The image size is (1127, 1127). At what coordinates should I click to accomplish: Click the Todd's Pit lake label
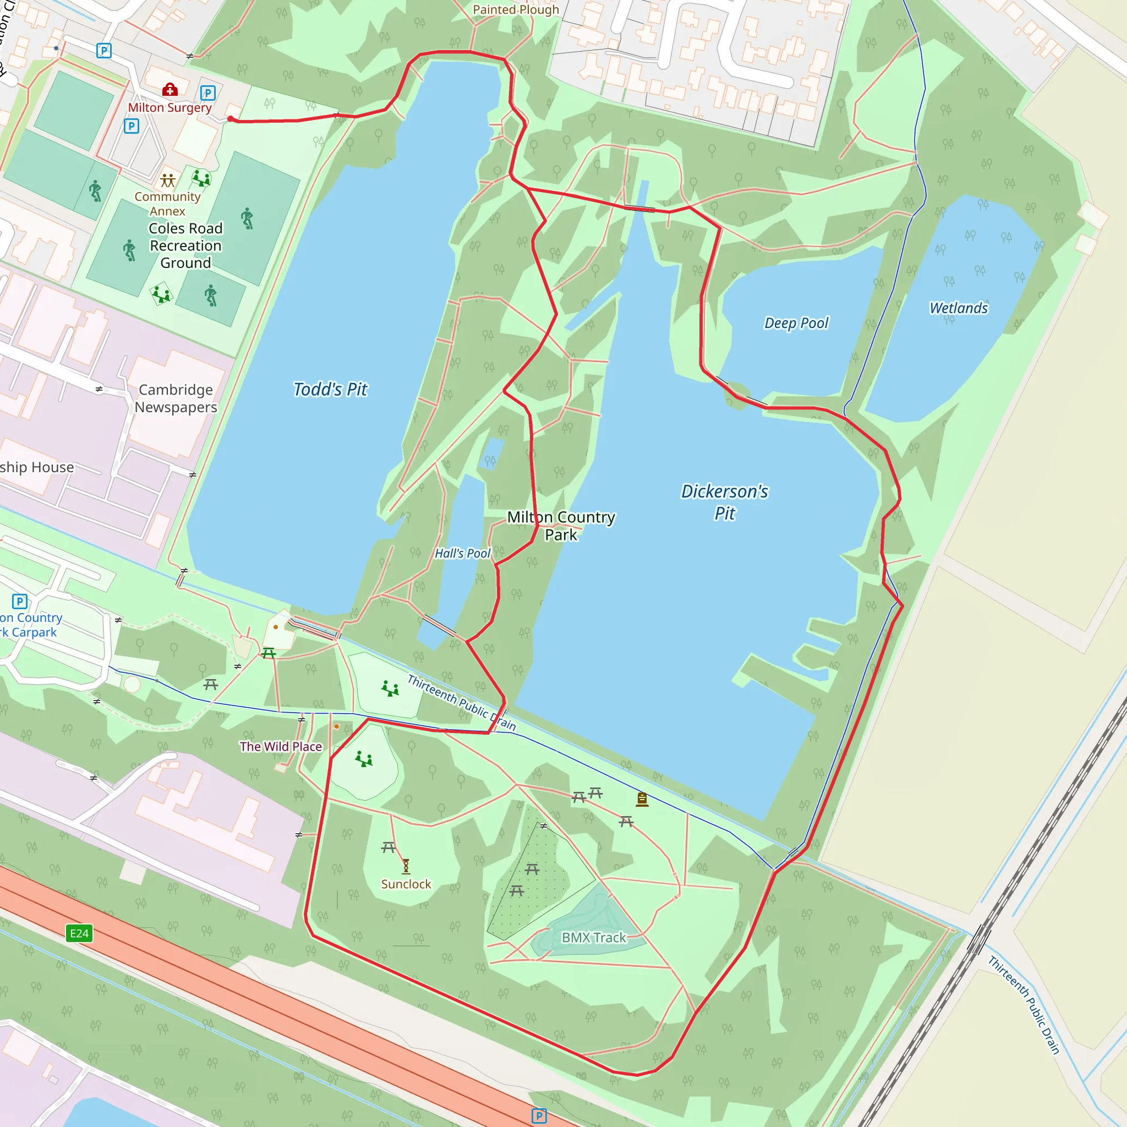[x=330, y=390]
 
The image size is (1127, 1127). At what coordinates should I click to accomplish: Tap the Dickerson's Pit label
[x=725, y=502]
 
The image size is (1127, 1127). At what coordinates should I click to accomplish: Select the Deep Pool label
[x=796, y=323]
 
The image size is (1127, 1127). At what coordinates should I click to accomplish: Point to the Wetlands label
[x=959, y=308]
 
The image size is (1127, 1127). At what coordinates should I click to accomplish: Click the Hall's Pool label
[x=463, y=553]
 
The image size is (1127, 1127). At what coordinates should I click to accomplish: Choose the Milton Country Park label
[x=561, y=526]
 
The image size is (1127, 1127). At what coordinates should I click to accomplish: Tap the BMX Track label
[x=593, y=937]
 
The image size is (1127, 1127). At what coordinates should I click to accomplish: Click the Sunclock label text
[x=406, y=884]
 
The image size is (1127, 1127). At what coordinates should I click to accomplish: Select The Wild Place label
[x=281, y=747]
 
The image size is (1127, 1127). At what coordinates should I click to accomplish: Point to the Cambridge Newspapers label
[x=176, y=398]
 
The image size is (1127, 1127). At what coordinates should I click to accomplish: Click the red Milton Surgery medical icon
[x=169, y=89]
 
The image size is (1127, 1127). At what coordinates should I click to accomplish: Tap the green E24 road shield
[x=79, y=933]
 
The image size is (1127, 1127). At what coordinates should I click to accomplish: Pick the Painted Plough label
[x=516, y=10]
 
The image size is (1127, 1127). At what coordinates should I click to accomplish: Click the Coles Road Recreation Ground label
[x=185, y=245]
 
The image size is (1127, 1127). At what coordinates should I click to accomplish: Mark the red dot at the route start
[x=231, y=119]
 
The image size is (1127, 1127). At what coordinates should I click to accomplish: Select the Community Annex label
[x=167, y=204]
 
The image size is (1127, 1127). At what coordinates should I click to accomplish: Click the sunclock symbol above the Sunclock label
[x=406, y=866]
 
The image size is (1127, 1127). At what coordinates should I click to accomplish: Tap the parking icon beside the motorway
[x=539, y=1116]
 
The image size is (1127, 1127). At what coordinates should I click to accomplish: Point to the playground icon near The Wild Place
[x=364, y=759]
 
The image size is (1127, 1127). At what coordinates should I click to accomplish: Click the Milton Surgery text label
[x=169, y=108]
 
